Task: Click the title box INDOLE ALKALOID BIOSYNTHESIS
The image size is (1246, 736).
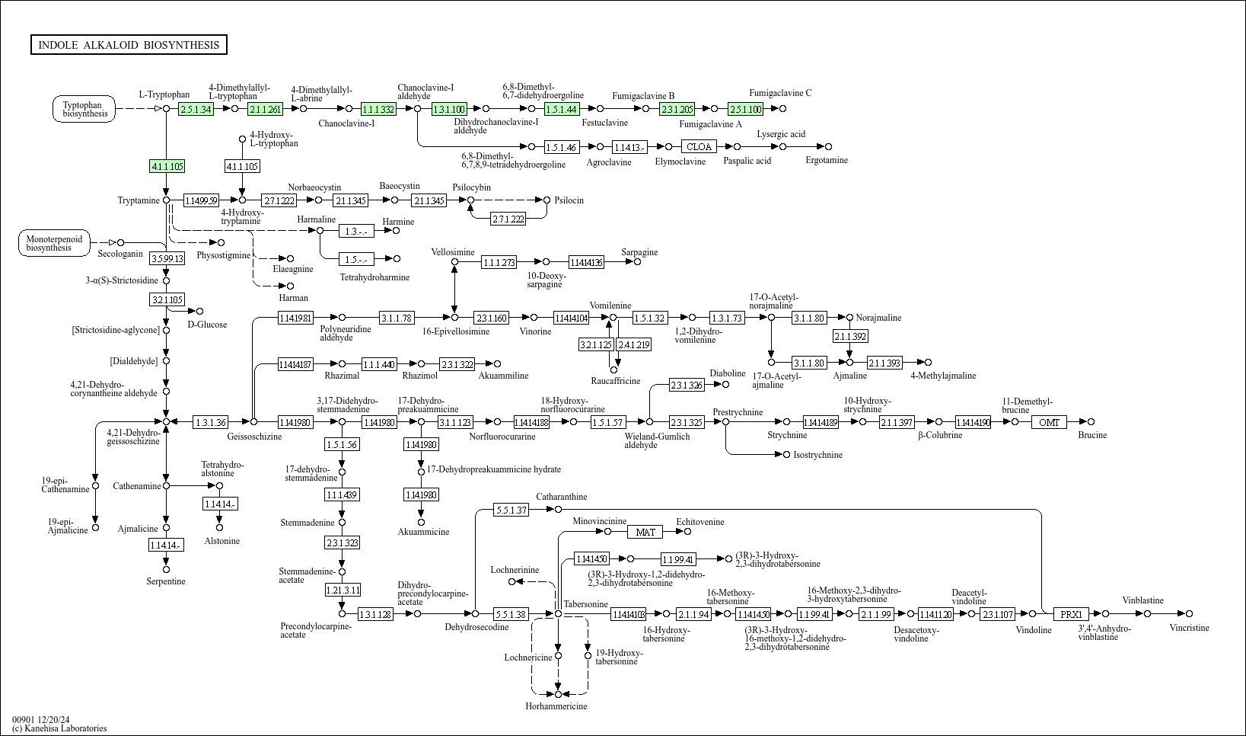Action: pyautogui.click(x=129, y=45)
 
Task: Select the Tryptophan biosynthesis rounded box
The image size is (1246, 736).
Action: pyautogui.click(x=84, y=109)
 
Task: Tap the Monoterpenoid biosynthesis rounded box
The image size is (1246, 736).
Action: pyautogui.click(x=53, y=243)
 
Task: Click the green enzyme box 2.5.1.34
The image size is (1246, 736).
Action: pyautogui.click(x=196, y=109)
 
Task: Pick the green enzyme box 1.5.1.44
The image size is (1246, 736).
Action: pyautogui.click(x=562, y=109)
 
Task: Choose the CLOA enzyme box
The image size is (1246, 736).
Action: pyautogui.click(x=699, y=146)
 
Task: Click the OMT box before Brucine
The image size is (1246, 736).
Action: pyautogui.click(x=1049, y=422)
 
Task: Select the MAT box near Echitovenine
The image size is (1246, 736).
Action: pyautogui.click(x=645, y=532)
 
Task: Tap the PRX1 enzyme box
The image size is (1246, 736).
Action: pyautogui.click(x=1071, y=614)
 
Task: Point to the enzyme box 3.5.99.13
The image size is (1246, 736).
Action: pyautogui.click(x=167, y=258)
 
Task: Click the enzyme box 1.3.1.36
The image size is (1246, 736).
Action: pyautogui.click(x=211, y=422)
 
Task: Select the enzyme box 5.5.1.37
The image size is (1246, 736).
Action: pyautogui.click(x=511, y=510)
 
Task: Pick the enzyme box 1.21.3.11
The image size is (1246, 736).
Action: pyautogui.click(x=343, y=590)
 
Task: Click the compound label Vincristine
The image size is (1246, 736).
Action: pyautogui.click(x=1189, y=628)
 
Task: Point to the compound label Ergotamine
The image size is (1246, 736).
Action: pyautogui.click(x=827, y=160)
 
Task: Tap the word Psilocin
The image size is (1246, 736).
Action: pyautogui.click(x=569, y=200)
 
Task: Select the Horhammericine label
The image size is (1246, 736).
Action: pyautogui.click(x=556, y=706)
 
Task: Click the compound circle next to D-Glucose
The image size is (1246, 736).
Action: pyautogui.click(x=200, y=311)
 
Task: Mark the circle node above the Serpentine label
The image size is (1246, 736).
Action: pyautogui.click(x=166, y=569)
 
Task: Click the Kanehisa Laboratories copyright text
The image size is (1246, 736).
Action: pyautogui.click(x=59, y=728)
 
